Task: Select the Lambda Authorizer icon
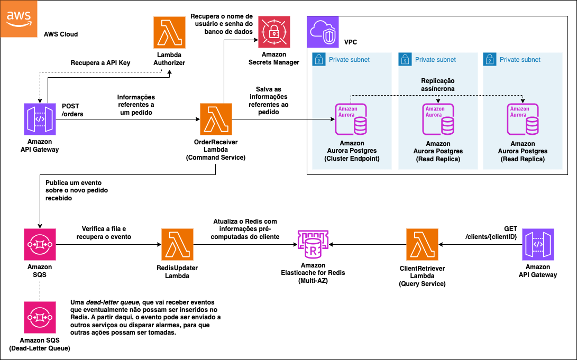(169, 33)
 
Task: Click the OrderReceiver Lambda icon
(216, 119)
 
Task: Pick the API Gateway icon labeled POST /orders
(40, 119)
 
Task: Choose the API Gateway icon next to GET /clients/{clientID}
(538, 245)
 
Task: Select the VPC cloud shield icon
(323, 33)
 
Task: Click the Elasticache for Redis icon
(313, 244)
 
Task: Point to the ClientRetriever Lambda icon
(422, 245)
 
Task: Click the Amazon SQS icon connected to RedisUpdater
(40, 245)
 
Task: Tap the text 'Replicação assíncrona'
(437, 85)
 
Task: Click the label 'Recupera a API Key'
(100, 63)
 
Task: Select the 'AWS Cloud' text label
(61, 34)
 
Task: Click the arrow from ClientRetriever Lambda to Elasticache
(368, 245)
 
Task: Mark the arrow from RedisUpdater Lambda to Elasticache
(243, 245)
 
